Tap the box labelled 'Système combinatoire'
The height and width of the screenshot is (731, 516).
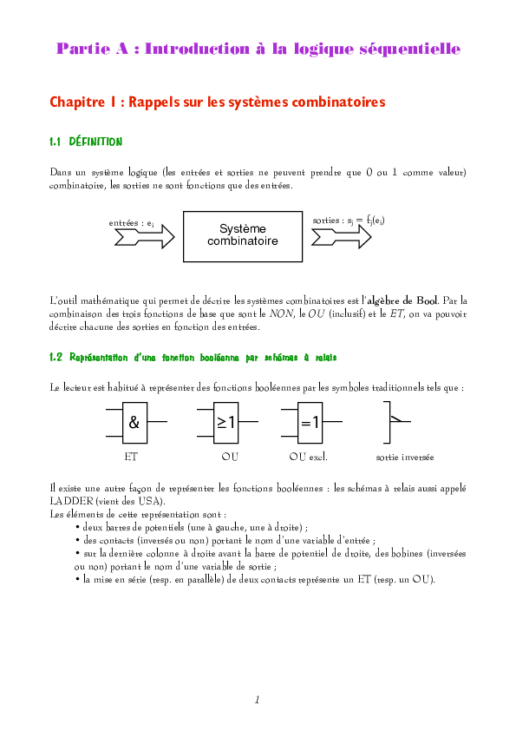point(243,235)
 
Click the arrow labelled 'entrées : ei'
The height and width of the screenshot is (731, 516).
point(139,235)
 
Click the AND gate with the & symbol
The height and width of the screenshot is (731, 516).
point(134,423)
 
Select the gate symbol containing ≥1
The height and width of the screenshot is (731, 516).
point(226,423)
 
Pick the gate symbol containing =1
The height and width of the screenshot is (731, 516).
point(310,423)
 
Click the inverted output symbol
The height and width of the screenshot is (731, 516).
point(395,421)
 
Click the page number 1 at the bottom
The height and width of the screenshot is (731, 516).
point(258,699)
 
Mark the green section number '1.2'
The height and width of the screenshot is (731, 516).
point(56,357)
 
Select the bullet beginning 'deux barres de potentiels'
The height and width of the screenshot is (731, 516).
point(191,527)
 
